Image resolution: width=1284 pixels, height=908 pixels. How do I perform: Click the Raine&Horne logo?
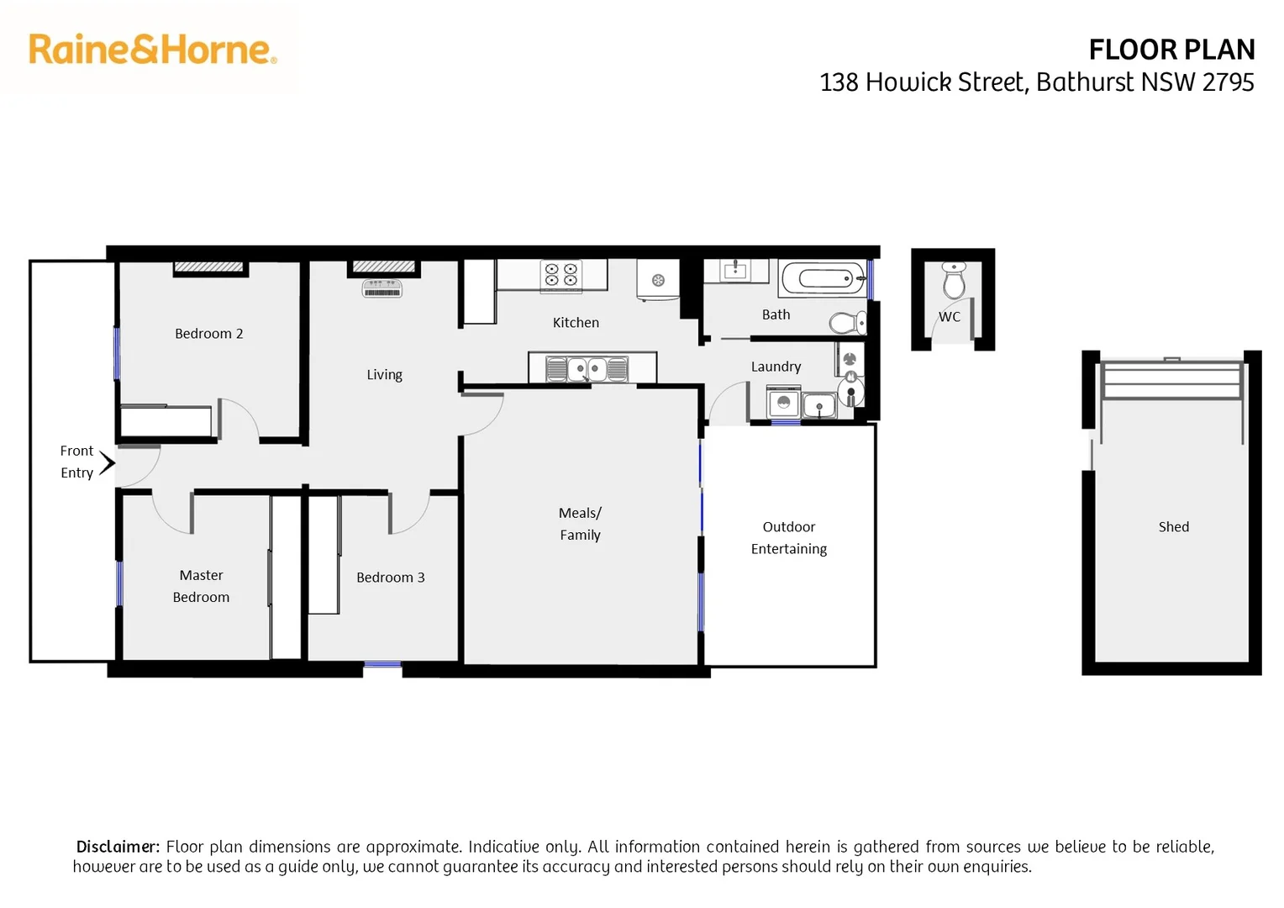point(152,50)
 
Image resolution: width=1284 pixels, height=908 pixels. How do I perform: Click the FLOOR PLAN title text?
point(1171,50)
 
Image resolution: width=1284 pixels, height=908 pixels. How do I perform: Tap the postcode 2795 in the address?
point(1228,82)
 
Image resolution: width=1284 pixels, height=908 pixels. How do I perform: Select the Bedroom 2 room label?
point(208,334)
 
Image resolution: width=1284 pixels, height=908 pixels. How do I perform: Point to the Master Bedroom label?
point(201,586)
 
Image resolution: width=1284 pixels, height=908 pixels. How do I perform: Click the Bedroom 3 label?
point(390,578)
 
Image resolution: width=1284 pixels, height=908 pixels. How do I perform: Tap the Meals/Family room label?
point(580,524)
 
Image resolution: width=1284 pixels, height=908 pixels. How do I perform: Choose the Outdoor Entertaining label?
point(788,538)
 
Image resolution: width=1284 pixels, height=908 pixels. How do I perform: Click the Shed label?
point(1173,527)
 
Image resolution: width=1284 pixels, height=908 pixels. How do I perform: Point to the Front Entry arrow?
point(107,463)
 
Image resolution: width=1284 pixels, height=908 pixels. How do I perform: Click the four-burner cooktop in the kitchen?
point(561,275)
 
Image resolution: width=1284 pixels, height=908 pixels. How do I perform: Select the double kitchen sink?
point(587,369)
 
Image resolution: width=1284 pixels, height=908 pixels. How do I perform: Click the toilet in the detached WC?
point(953,281)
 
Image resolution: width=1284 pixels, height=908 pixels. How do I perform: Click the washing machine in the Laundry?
point(783,403)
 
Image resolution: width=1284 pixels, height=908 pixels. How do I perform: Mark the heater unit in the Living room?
point(382,289)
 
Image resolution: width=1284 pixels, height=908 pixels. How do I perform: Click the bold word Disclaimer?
point(118,847)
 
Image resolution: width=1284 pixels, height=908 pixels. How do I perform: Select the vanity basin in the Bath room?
point(735,271)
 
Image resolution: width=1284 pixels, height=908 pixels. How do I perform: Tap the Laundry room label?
point(776,367)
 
